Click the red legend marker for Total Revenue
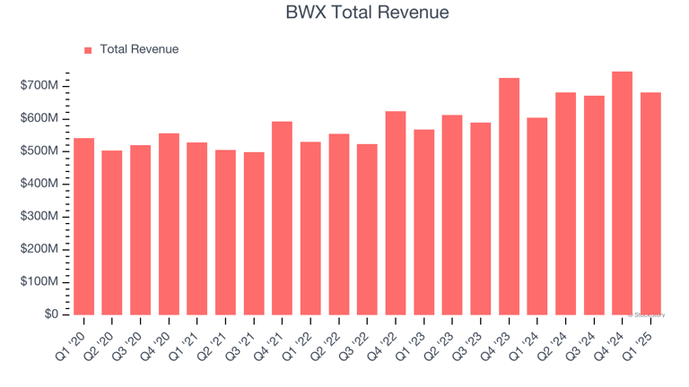(x=88, y=50)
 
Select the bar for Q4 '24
(x=622, y=193)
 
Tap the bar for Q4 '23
(x=509, y=196)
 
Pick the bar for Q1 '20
(x=83, y=226)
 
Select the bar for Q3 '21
(x=254, y=233)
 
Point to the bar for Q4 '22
(x=395, y=212)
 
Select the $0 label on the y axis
(x=52, y=314)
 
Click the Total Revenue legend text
(x=139, y=50)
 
